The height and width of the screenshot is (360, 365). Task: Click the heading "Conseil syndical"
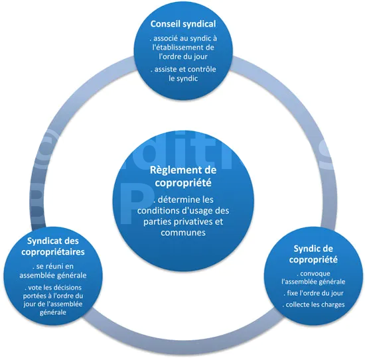pos(183,24)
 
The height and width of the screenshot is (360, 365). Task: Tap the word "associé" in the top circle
pos(165,38)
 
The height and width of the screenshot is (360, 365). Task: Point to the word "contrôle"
pos(202,69)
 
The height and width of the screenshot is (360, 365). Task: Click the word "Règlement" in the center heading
pos(174,170)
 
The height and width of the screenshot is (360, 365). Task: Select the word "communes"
pos(183,232)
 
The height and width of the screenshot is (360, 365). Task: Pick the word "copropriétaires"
pos(53,252)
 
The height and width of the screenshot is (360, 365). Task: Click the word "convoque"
pos(315,274)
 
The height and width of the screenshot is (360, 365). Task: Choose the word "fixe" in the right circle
pos(292,293)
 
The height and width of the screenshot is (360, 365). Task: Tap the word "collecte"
pos(297,305)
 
